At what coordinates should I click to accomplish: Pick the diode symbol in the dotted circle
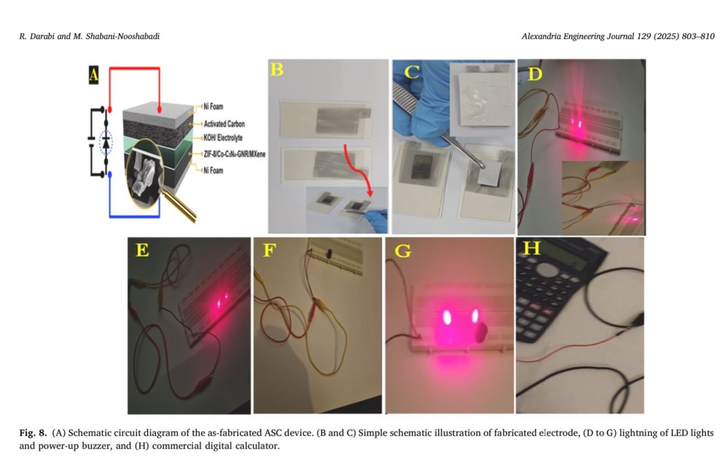(x=106, y=143)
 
